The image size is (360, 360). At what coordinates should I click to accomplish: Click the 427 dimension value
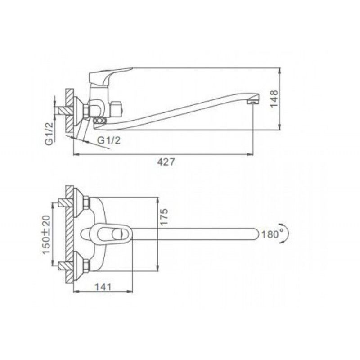[166, 162]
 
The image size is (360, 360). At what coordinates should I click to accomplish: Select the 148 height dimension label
[274, 99]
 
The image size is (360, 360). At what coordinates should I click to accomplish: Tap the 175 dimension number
[164, 217]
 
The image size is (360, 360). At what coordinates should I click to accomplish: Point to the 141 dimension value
[103, 287]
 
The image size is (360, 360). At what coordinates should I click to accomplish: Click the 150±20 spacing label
[46, 234]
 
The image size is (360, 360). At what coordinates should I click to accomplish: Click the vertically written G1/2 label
[49, 134]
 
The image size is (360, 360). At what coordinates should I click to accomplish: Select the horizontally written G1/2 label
[109, 140]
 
